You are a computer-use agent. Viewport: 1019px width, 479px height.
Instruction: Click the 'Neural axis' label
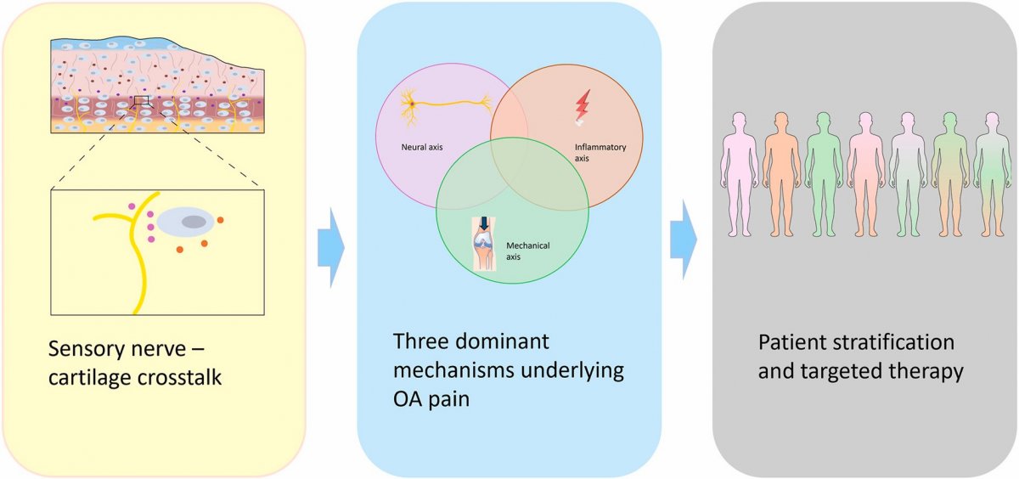(x=422, y=147)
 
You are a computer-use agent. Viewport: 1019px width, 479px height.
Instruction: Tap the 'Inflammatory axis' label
(x=600, y=152)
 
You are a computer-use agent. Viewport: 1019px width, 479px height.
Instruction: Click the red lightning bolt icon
(x=583, y=108)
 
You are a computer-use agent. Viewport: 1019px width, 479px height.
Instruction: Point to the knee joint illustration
(x=484, y=244)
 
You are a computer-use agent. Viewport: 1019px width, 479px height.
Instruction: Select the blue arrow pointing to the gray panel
(x=683, y=240)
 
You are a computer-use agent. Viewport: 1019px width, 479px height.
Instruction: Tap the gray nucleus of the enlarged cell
(x=194, y=222)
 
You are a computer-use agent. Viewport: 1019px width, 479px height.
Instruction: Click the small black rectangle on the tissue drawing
(x=141, y=100)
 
